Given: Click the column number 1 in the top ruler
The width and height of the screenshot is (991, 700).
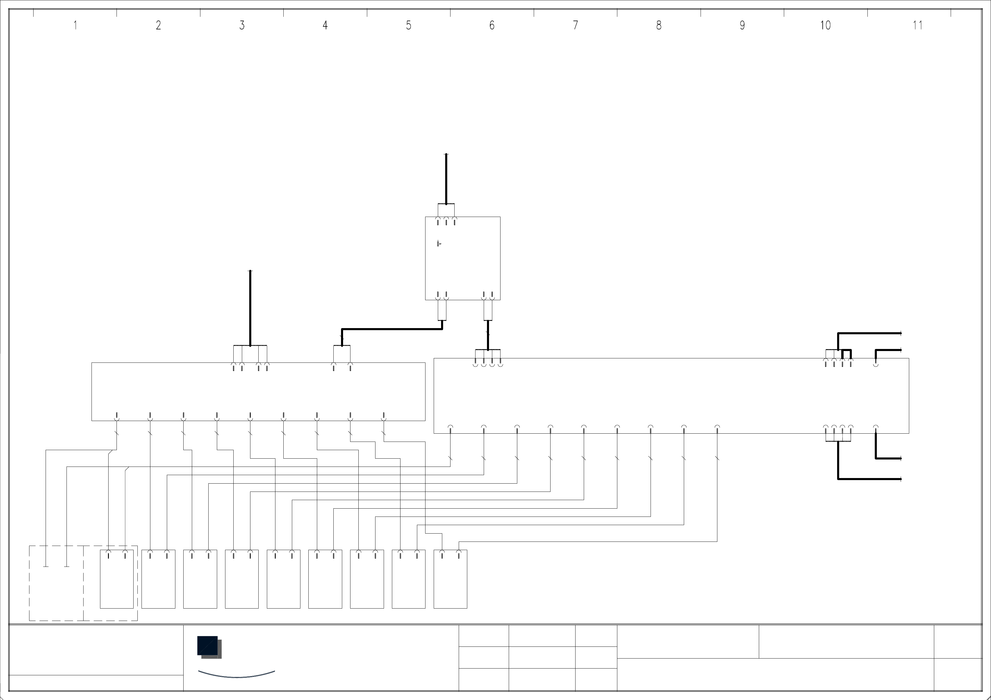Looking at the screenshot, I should [75, 26].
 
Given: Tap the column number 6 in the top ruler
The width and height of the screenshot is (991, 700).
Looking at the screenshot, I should [492, 26].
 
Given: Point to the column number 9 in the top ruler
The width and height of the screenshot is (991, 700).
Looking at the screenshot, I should [742, 26].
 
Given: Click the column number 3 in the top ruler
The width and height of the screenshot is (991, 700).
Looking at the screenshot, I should [242, 26].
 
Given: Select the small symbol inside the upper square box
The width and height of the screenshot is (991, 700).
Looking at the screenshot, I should [439, 244].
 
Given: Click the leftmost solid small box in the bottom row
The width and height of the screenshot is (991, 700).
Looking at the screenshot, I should [117, 579].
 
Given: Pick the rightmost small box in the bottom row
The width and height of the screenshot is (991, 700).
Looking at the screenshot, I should [450, 579].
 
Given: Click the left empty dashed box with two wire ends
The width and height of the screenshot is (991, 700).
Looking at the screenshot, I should [56, 583].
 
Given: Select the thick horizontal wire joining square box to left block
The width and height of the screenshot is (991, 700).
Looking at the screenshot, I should [392, 329].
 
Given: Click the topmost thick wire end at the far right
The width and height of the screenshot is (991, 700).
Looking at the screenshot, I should [899, 333].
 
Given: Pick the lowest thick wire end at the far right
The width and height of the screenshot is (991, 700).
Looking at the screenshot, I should [899, 479].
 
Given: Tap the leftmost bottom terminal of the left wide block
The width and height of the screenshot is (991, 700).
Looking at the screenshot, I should [117, 417].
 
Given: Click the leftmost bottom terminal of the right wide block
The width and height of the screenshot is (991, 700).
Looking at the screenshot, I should [450, 428].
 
